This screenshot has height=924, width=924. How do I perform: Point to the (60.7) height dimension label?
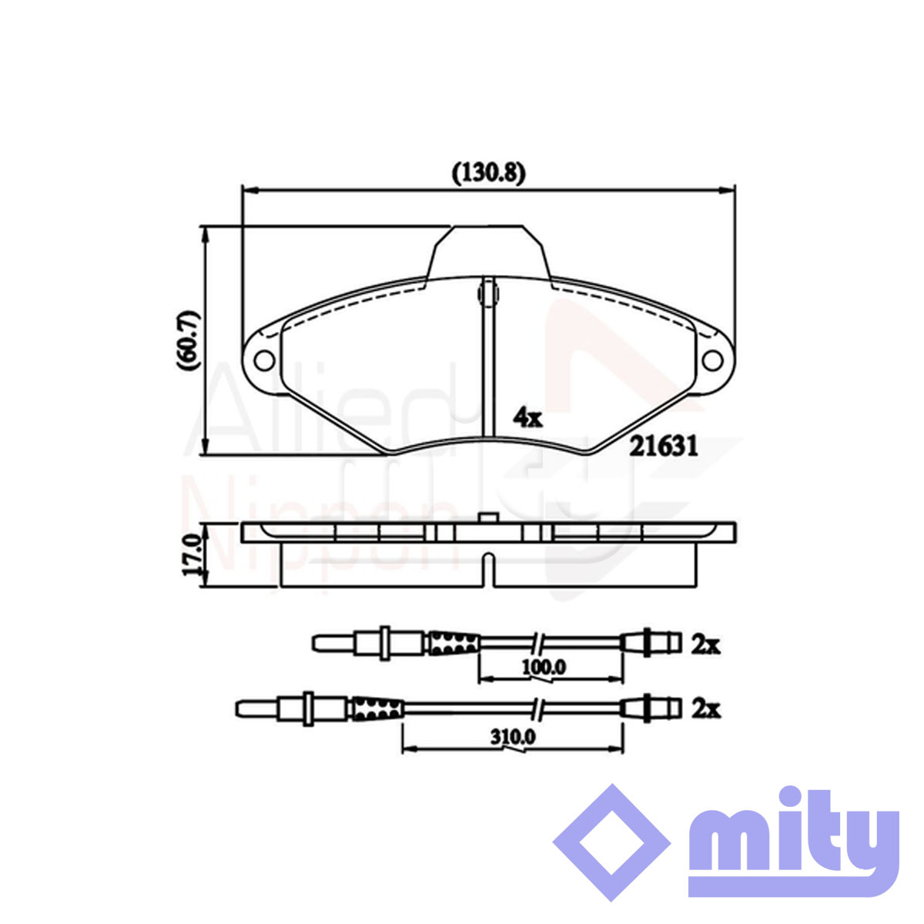click(x=189, y=340)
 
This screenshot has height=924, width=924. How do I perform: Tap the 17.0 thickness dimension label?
click(x=192, y=555)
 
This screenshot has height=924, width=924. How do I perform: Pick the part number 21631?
click(x=664, y=447)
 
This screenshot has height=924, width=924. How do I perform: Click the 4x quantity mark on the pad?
click(x=527, y=419)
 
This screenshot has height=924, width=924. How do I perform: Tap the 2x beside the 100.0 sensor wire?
click(x=705, y=647)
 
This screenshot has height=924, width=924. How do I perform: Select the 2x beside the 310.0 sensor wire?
click(x=705, y=710)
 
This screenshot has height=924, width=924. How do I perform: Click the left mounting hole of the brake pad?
click(x=264, y=360)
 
